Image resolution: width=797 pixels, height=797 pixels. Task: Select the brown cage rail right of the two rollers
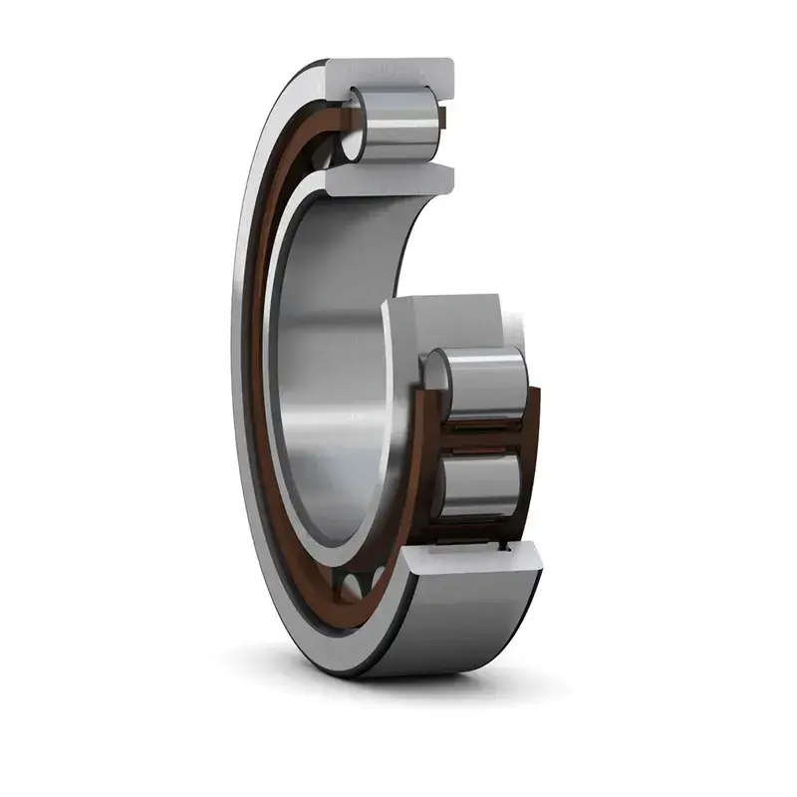[532, 448]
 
